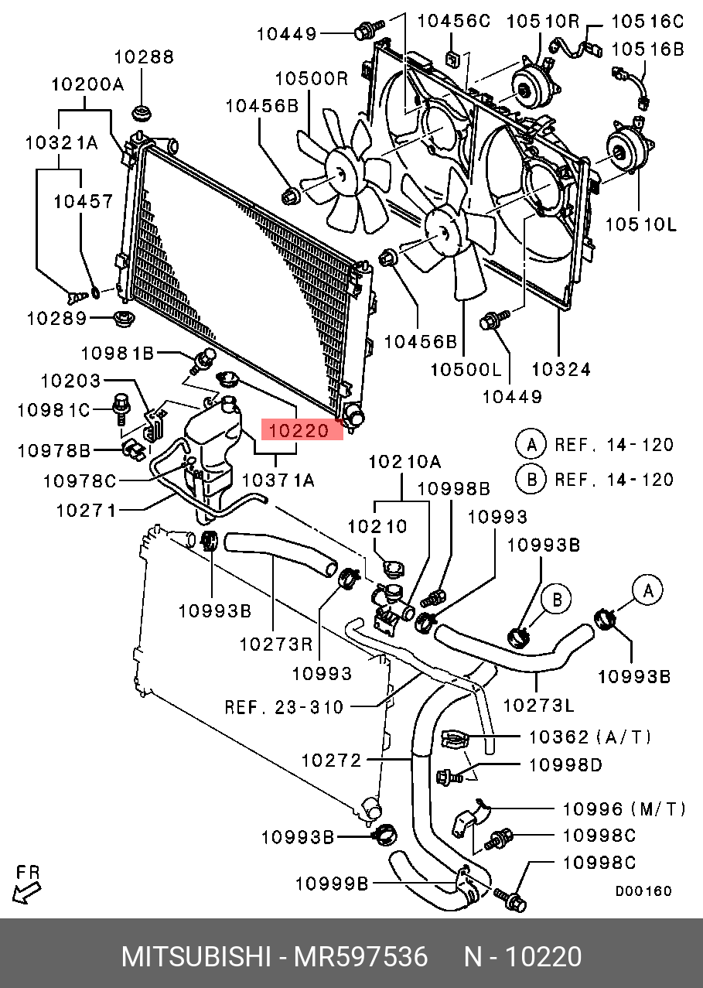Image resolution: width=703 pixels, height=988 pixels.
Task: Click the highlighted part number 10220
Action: (302, 429)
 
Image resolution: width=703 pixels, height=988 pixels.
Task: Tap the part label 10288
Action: (145, 56)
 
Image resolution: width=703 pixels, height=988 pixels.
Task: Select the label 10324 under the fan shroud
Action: (561, 369)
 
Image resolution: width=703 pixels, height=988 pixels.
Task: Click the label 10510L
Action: (641, 224)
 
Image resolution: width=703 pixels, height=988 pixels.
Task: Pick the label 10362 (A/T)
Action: (590, 737)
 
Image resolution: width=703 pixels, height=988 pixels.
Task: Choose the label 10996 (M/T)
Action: (623, 809)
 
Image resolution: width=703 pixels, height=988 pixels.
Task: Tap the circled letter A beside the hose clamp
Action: (648, 591)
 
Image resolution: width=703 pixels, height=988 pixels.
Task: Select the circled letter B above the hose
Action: (555, 599)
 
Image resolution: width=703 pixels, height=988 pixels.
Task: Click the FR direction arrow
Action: (26, 883)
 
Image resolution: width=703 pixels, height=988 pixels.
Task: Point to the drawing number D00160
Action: (643, 891)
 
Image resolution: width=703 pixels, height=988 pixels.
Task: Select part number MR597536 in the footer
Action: (360, 957)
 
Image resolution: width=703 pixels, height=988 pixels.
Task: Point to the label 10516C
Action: (647, 21)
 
